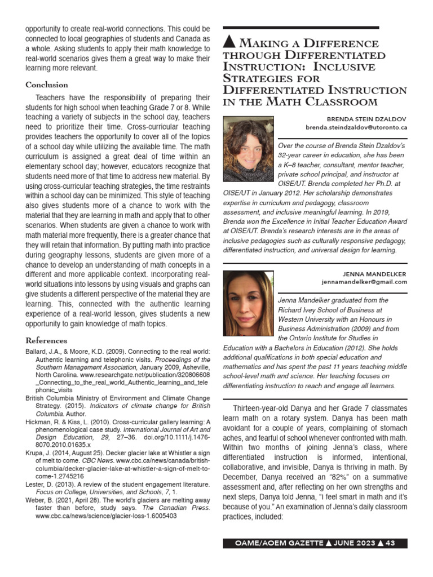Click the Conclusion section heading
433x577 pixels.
pos(47,85)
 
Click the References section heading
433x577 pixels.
pos(46,340)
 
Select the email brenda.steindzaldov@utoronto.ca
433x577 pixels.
pos(356,127)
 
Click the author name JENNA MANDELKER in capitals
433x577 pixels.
pos(375,274)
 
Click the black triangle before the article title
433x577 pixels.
pos(229,42)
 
